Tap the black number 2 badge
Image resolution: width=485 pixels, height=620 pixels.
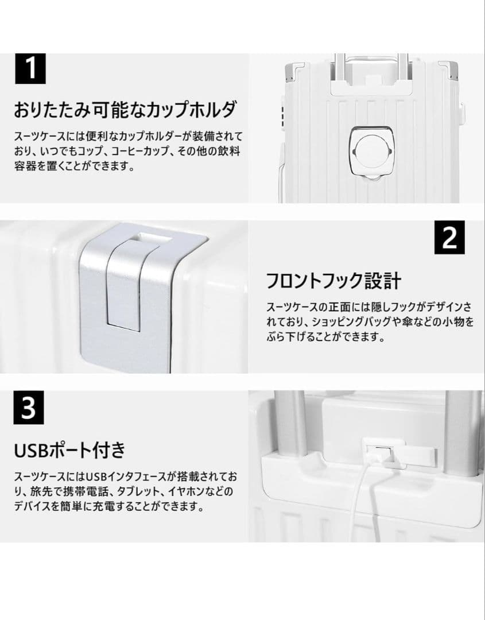pyautogui.click(x=449, y=238)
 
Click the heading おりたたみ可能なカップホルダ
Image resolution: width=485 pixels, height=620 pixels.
pyautogui.click(x=125, y=108)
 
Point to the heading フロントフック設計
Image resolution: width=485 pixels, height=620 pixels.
pyautogui.click(x=333, y=281)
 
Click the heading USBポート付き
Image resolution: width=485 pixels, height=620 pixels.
pyautogui.click(x=69, y=449)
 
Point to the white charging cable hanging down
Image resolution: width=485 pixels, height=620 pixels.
pyautogui.click(x=362, y=505)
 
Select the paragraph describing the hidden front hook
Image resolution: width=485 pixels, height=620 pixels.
pyautogui.click(x=370, y=322)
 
